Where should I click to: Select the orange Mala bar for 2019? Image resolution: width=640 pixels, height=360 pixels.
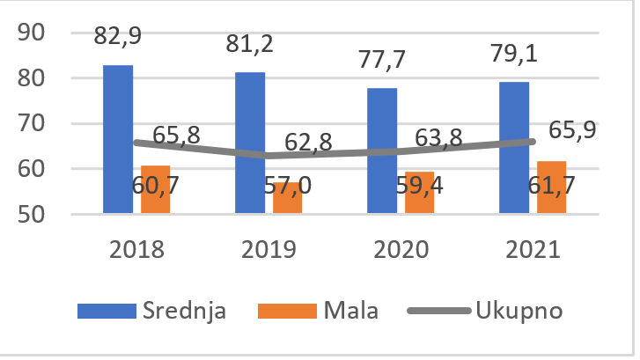(x=287, y=198)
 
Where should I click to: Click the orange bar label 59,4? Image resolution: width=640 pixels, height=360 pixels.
(x=426, y=187)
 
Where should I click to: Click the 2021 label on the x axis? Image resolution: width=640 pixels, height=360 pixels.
(x=532, y=250)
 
